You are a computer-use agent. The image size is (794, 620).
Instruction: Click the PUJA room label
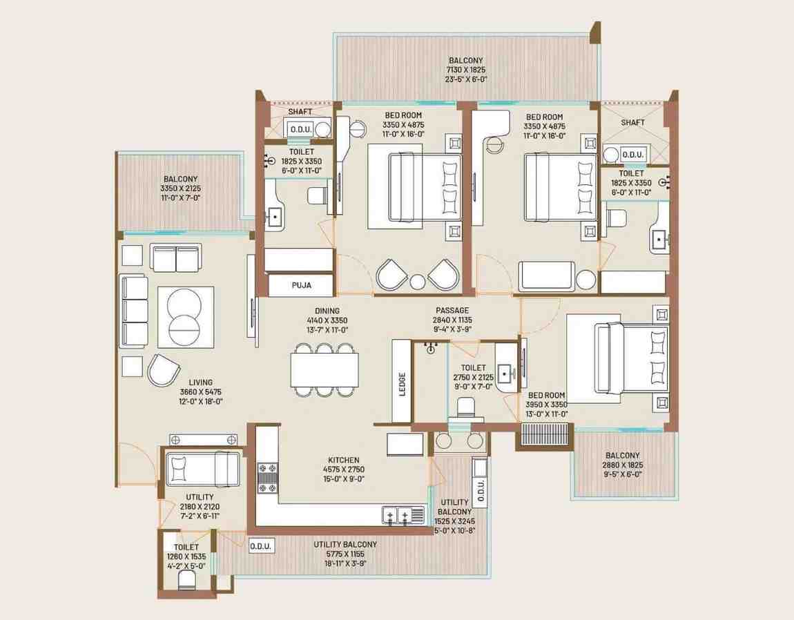(301, 285)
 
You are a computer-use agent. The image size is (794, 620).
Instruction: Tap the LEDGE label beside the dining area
(402, 384)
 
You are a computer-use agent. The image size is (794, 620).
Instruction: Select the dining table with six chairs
(325, 370)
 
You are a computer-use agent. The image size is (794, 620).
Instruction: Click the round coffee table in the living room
(184, 317)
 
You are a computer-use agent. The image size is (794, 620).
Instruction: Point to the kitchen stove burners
(268, 478)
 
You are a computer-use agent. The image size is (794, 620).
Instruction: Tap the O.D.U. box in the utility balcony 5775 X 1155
(261, 546)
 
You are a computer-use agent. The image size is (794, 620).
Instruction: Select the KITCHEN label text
(344, 460)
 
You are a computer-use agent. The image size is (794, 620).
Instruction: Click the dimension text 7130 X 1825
(466, 70)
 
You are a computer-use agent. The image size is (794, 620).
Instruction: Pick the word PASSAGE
(452, 311)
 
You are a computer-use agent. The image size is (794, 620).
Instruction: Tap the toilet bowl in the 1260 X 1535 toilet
(186, 580)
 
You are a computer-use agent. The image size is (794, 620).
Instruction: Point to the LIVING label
(200, 382)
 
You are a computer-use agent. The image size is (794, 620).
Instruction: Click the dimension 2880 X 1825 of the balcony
(622, 465)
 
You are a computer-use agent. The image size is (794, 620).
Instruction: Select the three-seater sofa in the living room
(134, 311)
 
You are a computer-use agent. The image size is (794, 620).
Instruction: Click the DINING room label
(327, 311)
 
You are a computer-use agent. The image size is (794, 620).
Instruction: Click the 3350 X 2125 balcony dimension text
(180, 188)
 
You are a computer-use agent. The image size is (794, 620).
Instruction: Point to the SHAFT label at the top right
(633, 123)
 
